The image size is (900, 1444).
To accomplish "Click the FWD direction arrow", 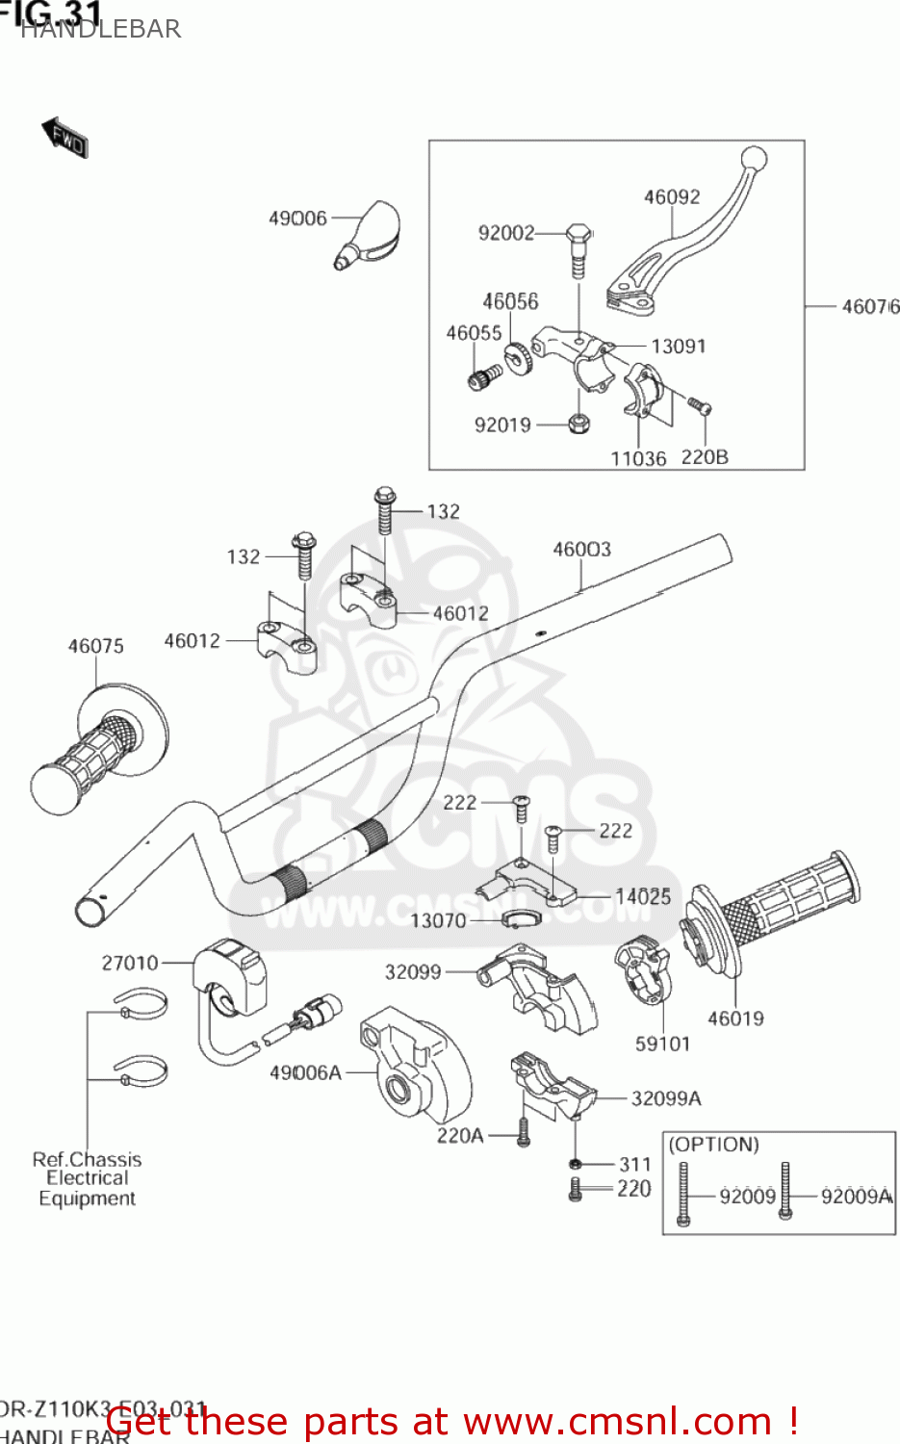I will click(x=65, y=138).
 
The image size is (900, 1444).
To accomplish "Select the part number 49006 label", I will click(x=297, y=219).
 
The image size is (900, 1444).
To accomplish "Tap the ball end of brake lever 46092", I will click(x=754, y=157).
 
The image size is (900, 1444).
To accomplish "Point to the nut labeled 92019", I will click(x=579, y=424).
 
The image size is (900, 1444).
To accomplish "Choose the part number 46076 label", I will click(x=869, y=306).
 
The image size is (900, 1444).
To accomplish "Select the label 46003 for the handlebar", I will click(x=581, y=549).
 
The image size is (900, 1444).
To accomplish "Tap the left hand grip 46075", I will click(x=96, y=750).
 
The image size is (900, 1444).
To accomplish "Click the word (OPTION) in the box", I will click(x=713, y=1145).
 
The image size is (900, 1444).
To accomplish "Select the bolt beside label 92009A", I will click(x=785, y=1193).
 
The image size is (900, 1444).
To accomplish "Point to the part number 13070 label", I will click(x=438, y=921).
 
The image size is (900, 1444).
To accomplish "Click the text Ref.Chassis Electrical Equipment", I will click(x=87, y=1179).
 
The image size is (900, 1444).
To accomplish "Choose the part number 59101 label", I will click(x=662, y=1044).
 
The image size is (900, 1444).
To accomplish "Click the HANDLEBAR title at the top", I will click(x=100, y=29).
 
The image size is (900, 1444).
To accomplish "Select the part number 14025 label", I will click(x=643, y=896).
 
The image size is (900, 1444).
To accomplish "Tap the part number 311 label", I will click(x=634, y=1164).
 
